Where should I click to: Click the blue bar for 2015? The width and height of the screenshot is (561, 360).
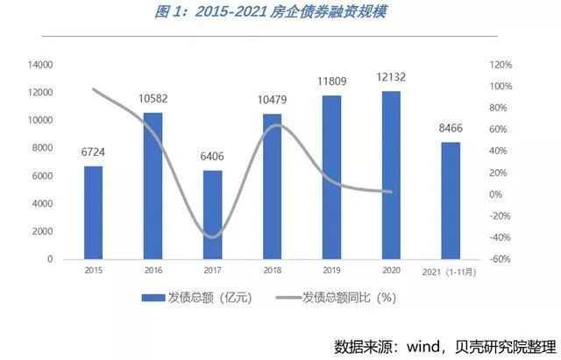point(93,212)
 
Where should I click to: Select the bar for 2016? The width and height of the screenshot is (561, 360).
point(153,186)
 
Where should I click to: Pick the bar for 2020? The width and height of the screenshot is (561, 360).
point(391,175)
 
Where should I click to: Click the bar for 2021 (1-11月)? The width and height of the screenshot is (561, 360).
point(451,201)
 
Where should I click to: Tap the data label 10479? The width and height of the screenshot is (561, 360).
point(273,101)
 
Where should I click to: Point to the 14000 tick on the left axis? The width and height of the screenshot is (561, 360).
point(41,65)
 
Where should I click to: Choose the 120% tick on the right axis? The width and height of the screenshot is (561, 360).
point(501,65)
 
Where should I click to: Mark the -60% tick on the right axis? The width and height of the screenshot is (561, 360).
point(501,259)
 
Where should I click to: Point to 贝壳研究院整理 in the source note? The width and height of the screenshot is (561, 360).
point(506,344)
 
